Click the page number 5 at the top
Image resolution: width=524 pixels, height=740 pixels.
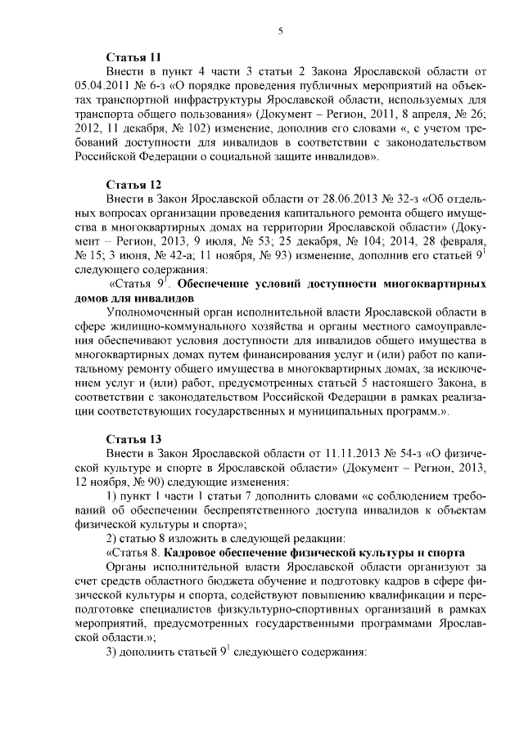tap(280, 31)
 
